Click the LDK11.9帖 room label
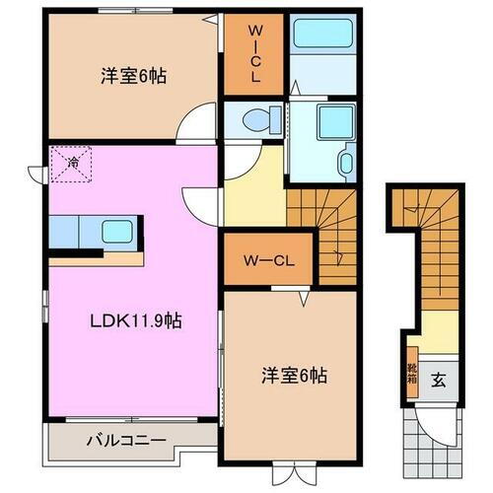coord(121,322)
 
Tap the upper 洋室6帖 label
coord(130,77)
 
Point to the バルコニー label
coord(124,441)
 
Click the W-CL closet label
coord(268,261)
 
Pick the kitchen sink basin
coord(116,234)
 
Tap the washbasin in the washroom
coord(347,163)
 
